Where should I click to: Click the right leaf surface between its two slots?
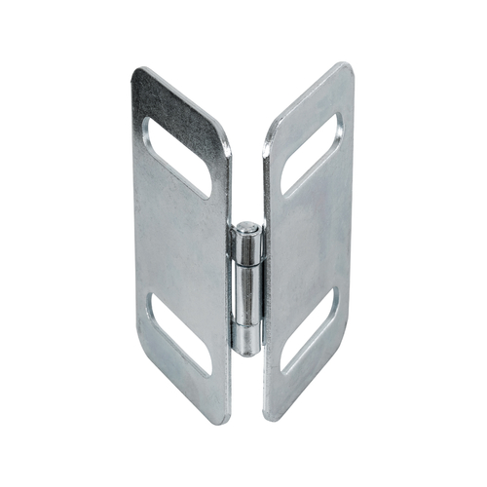(310, 243)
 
